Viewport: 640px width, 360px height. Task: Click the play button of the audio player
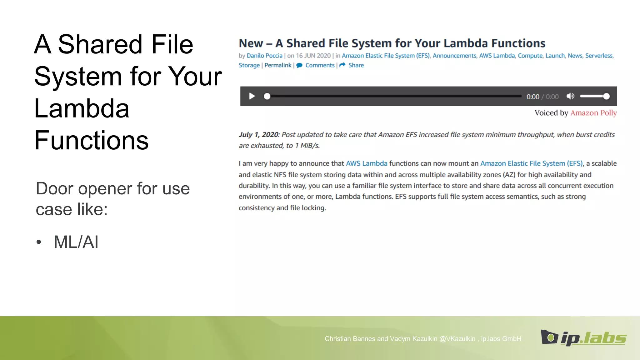click(252, 96)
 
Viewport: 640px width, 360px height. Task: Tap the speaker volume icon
click(570, 96)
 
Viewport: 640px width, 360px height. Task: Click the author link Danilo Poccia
click(264, 56)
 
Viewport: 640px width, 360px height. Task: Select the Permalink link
click(278, 65)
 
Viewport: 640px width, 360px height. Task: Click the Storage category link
click(249, 65)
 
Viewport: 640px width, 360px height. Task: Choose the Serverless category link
click(599, 56)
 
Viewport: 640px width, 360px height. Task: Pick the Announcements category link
click(454, 56)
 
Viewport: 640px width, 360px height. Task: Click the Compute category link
click(530, 56)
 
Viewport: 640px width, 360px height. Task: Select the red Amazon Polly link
click(593, 113)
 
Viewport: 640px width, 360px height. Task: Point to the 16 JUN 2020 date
click(313, 56)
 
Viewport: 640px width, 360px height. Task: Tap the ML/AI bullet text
click(76, 242)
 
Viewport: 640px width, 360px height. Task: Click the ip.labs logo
click(583, 338)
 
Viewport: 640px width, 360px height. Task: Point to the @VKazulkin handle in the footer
click(457, 339)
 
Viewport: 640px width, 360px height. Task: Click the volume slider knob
click(606, 96)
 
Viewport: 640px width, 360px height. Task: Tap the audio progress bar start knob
click(267, 96)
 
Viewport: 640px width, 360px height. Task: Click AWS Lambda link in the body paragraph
click(367, 163)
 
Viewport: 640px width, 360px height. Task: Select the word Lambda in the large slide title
click(82, 108)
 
